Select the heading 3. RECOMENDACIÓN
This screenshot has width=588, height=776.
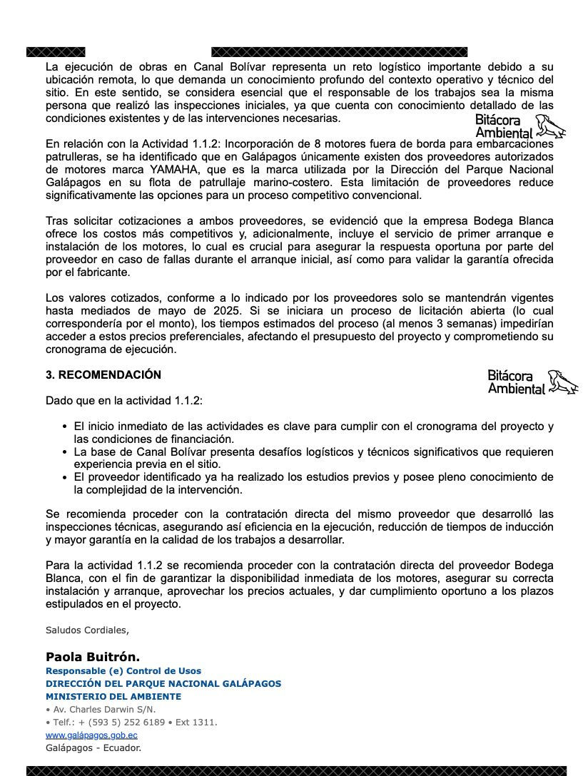(x=103, y=374)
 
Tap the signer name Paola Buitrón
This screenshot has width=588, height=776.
(x=93, y=657)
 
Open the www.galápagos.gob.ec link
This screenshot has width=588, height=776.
(x=91, y=735)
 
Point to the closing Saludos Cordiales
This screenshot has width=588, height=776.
(x=87, y=630)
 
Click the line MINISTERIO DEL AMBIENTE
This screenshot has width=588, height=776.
(x=113, y=696)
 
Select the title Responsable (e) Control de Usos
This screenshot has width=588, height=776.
(x=123, y=670)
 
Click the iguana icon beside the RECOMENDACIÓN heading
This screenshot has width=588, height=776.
(x=564, y=382)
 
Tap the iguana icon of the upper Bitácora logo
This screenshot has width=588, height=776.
(x=551, y=127)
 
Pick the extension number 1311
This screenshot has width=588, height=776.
(x=204, y=722)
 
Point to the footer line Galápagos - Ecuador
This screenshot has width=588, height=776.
(x=93, y=747)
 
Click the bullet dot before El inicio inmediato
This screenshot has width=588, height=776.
(x=66, y=427)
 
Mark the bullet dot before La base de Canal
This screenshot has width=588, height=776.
(x=66, y=452)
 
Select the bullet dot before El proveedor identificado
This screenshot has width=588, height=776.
(x=66, y=477)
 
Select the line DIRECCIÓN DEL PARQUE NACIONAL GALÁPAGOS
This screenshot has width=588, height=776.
(x=163, y=683)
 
